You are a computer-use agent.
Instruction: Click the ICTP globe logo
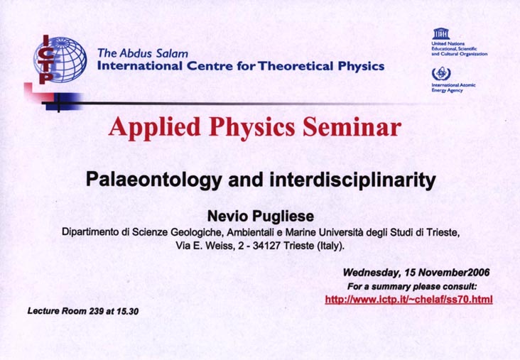(60, 60)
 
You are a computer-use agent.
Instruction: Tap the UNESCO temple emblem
(440, 34)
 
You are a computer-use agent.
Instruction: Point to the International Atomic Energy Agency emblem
(441, 74)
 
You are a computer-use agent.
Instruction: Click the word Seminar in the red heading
(352, 127)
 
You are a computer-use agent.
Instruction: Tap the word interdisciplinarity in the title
(353, 180)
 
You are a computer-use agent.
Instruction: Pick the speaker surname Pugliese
(283, 217)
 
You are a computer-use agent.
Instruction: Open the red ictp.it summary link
(408, 300)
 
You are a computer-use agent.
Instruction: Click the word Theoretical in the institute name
(296, 66)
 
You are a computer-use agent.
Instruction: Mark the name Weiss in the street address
(220, 246)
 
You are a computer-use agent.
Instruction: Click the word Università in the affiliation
(341, 232)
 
